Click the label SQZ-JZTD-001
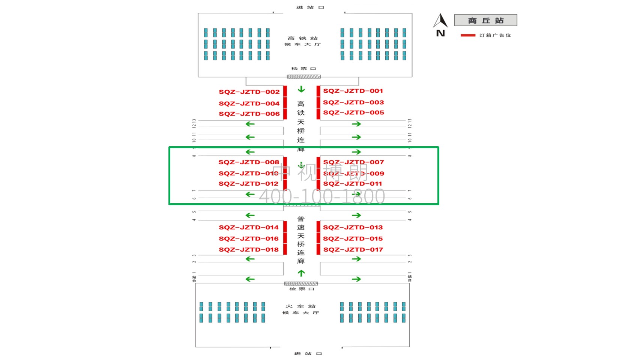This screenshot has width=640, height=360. click(x=353, y=91)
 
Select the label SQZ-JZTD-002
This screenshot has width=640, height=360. click(x=249, y=92)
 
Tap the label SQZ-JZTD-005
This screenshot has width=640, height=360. click(x=353, y=112)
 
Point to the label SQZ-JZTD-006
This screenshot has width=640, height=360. click(x=249, y=114)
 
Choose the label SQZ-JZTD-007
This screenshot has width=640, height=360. click(x=353, y=162)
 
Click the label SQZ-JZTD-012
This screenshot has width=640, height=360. click(x=248, y=184)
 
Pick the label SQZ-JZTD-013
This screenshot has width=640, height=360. click(x=353, y=228)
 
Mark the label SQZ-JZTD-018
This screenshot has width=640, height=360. click(x=249, y=250)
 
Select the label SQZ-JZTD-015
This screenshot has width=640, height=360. click(x=353, y=239)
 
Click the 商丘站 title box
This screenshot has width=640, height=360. click(x=485, y=20)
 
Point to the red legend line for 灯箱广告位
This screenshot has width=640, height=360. click(x=468, y=35)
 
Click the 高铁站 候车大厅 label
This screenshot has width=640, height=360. click(x=302, y=41)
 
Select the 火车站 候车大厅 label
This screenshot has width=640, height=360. click(x=301, y=309)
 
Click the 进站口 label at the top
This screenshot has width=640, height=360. click(x=310, y=7)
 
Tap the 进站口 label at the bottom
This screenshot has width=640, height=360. click(x=308, y=354)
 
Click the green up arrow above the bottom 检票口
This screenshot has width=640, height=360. click(x=301, y=273)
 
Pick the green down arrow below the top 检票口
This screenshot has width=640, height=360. click(x=301, y=89)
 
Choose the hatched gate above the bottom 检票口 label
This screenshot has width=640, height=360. click(x=301, y=283)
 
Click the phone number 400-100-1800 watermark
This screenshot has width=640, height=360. click(x=322, y=196)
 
